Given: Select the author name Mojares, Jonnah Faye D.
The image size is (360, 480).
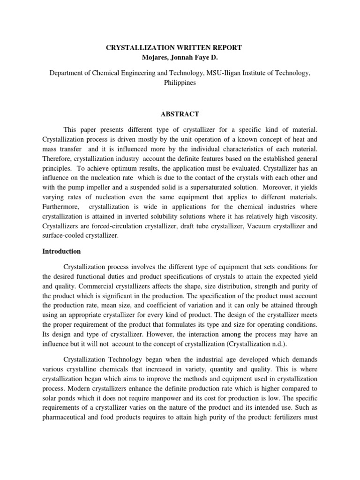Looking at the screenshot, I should tap(180, 58).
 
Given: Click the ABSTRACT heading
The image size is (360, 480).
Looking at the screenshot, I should tap(180, 114).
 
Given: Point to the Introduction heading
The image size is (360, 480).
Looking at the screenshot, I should tap(62, 251).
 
